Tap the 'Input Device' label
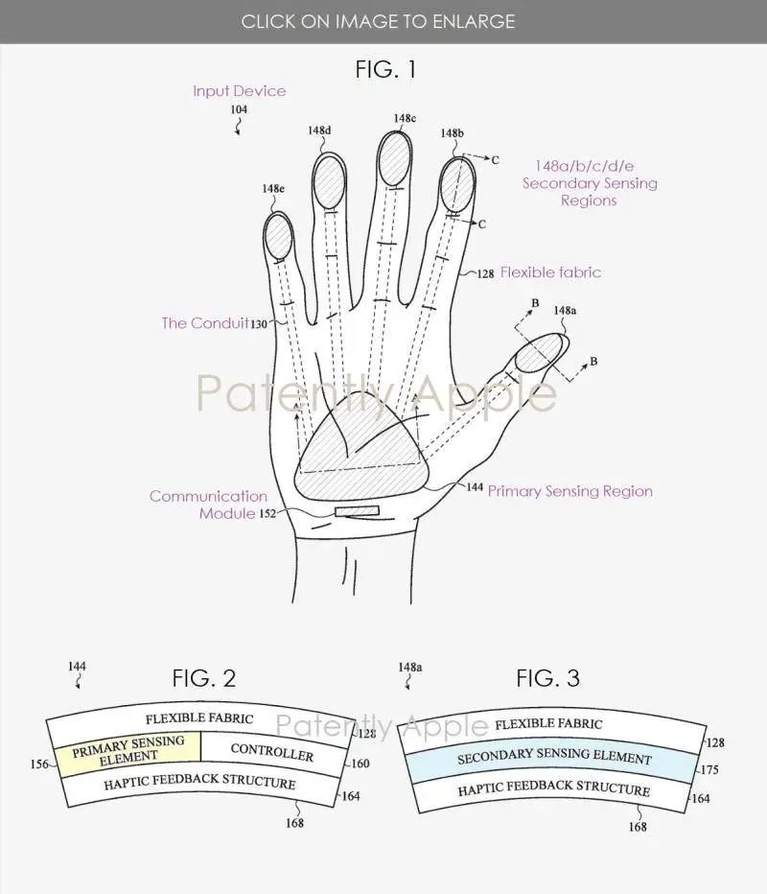click(239, 91)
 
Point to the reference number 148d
click(319, 131)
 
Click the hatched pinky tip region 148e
click(278, 235)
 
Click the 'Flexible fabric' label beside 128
click(550, 272)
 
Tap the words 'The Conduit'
click(204, 323)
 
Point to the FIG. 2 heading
click(203, 678)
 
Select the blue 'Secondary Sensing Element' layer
click(553, 759)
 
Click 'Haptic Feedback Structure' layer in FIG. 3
click(553, 790)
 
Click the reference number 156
click(38, 765)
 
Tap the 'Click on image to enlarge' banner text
click(378, 21)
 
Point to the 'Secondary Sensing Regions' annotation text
click(590, 183)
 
